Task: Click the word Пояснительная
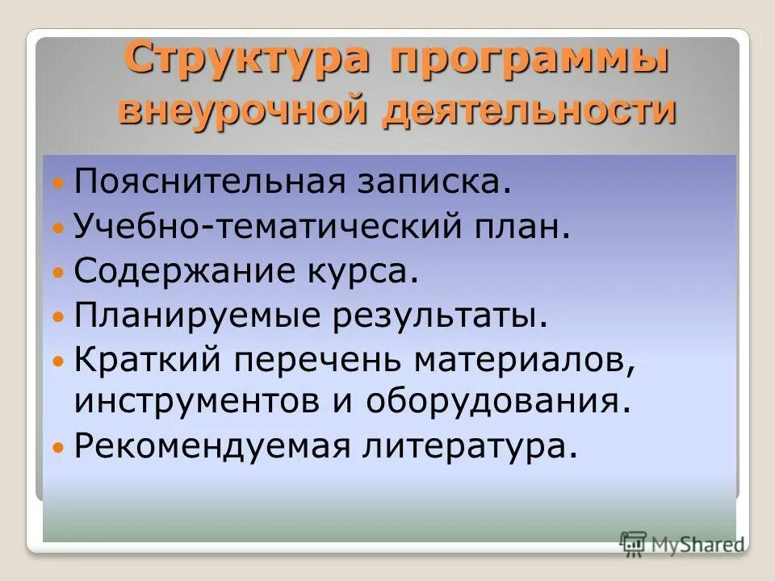pyautogui.click(x=207, y=182)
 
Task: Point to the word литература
pyautogui.click(x=467, y=446)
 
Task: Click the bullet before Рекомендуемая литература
pyautogui.click(x=57, y=447)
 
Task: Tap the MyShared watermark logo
pyautogui.click(x=682, y=544)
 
